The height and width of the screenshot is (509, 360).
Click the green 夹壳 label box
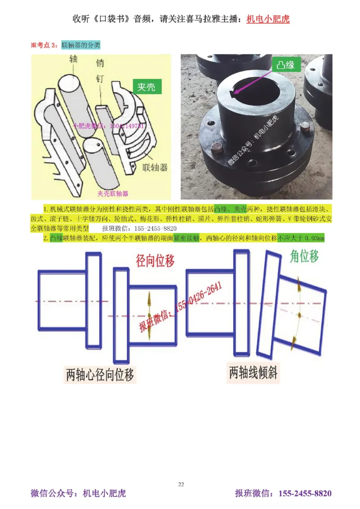coord(146,87)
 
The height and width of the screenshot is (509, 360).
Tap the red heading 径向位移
coord(155,260)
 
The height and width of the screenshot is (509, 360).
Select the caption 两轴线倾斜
coord(253,373)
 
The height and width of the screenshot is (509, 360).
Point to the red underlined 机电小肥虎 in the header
coord(268,20)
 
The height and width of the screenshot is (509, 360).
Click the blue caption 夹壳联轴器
coord(112,193)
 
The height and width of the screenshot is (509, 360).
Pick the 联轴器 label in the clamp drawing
coord(154,168)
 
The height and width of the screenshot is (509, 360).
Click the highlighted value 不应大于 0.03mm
coord(301,238)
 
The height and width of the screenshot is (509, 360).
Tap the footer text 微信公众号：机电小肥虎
coord(78,493)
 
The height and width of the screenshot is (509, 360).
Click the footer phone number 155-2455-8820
coord(305,493)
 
